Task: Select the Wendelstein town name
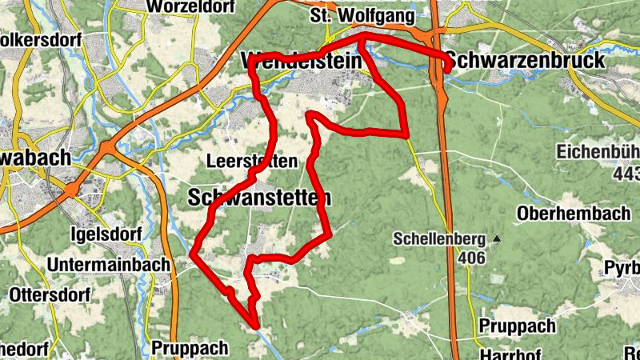coord(299,61)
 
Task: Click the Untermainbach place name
coord(109,265)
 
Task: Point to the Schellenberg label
coord(439,238)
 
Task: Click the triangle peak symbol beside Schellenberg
coord(497,238)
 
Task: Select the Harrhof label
coord(505,354)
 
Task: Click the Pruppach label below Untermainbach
coord(189,349)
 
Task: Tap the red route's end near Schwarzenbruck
coord(446,70)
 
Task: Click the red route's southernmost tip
coord(257,326)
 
